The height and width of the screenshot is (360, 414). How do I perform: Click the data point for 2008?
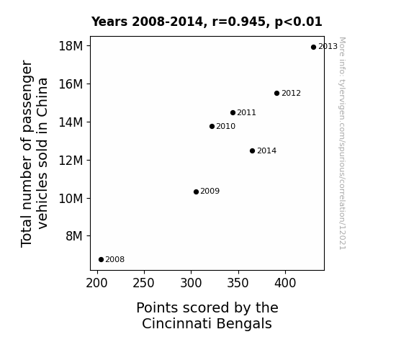click(x=101, y=260)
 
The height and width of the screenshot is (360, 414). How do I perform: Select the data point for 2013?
click(x=313, y=48)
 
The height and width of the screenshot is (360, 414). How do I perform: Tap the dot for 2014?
click(x=252, y=150)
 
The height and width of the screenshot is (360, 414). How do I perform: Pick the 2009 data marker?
click(x=196, y=192)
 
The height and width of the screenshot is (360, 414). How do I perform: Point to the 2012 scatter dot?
click(x=276, y=93)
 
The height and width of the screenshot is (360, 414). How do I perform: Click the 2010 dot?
click(x=212, y=127)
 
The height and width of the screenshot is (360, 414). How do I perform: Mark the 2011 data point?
click(x=233, y=113)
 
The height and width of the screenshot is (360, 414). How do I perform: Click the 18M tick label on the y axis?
click(x=71, y=46)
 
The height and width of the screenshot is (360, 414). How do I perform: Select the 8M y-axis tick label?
click(x=74, y=236)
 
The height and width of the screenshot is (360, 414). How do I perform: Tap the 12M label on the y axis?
click(x=71, y=161)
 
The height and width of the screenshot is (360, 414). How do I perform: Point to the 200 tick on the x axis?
click(x=97, y=283)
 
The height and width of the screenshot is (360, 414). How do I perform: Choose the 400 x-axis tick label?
click(x=285, y=283)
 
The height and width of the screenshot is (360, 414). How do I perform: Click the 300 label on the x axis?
click(x=191, y=283)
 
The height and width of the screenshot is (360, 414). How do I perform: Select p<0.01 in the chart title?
click(x=299, y=22)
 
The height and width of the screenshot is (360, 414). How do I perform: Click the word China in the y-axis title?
click(x=42, y=96)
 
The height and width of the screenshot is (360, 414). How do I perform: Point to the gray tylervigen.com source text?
click(x=343, y=143)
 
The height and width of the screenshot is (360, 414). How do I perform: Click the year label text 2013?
click(x=328, y=47)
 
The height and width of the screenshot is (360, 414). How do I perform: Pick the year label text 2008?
click(x=115, y=260)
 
